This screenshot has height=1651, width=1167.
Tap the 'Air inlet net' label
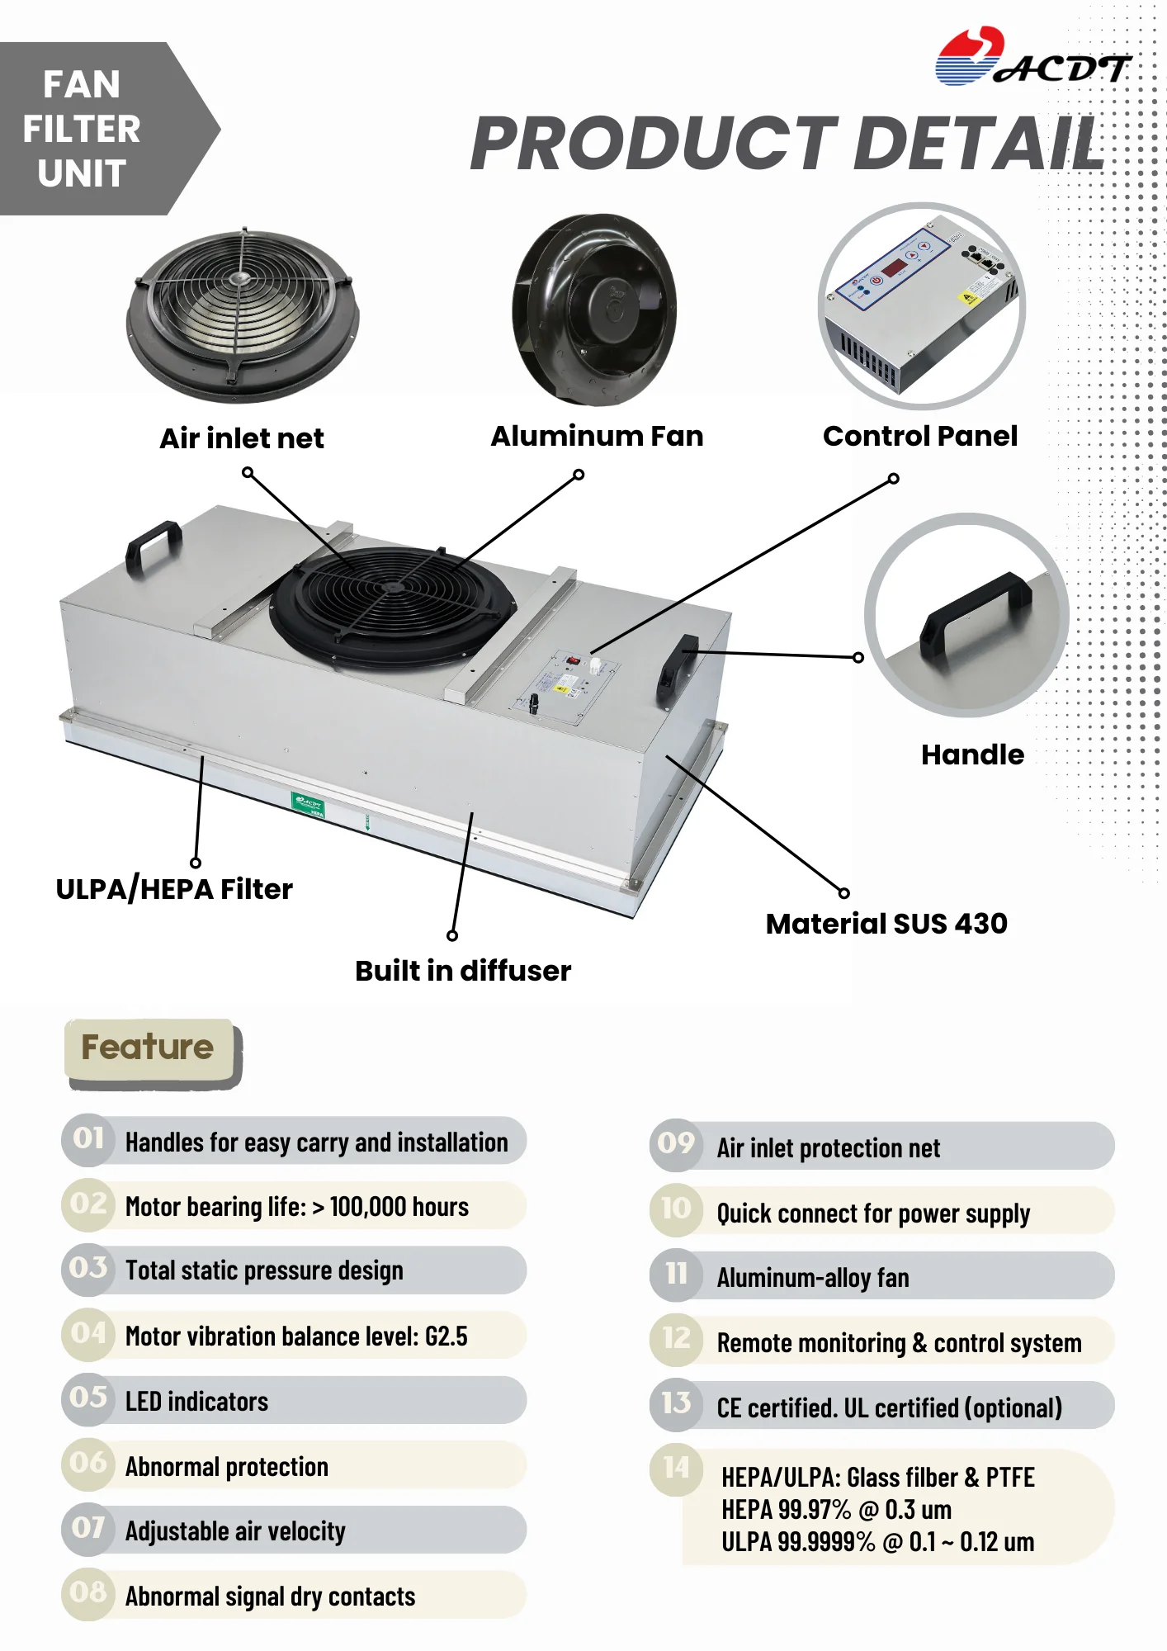click(242, 438)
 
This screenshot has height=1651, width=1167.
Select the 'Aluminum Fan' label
click(597, 436)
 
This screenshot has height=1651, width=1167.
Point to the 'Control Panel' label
click(920, 436)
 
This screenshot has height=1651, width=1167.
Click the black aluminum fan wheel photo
click(594, 310)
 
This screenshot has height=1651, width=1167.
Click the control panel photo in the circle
click(922, 305)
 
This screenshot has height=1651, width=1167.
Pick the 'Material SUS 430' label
click(886, 924)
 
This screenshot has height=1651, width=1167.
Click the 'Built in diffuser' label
click(463, 971)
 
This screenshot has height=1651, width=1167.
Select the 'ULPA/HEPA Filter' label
click(174, 889)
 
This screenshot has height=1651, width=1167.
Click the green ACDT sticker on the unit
click(308, 804)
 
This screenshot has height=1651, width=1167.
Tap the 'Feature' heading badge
click(148, 1048)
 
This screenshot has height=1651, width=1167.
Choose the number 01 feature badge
click(88, 1139)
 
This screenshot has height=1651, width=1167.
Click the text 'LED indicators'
click(196, 1402)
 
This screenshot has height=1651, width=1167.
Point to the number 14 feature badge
click(676, 1467)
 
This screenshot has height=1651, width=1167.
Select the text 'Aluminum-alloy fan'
click(813, 1278)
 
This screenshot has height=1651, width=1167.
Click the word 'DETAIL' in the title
click(978, 143)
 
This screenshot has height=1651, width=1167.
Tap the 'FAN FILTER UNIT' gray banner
click(83, 129)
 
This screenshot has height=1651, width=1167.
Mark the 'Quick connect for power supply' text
click(873, 1213)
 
